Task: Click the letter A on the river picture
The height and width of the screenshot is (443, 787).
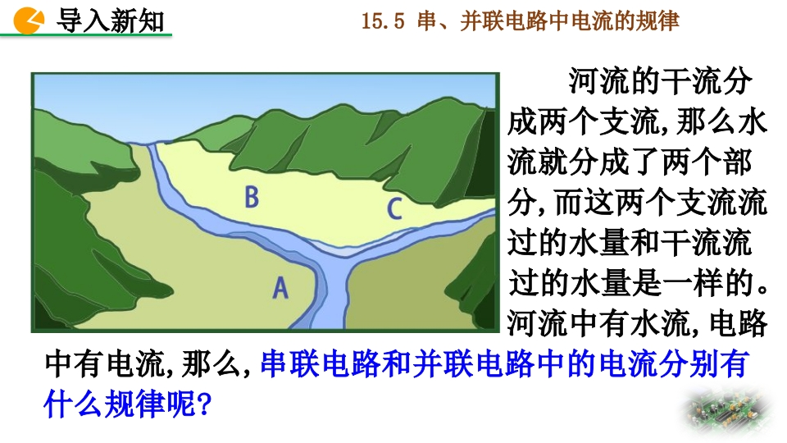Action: tap(280, 288)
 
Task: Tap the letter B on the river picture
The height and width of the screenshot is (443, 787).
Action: tap(252, 196)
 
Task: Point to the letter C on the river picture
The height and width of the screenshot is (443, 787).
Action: tap(394, 208)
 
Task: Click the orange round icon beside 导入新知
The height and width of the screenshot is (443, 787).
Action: tap(29, 21)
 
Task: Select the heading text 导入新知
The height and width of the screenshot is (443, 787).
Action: tap(111, 21)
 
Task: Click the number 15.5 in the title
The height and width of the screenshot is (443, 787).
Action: tap(383, 21)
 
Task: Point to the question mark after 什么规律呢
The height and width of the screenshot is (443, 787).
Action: tap(204, 404)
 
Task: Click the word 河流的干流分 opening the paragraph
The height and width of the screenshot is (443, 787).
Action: tap(659, 81)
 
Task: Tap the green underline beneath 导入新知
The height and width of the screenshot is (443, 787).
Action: tap(86, 35)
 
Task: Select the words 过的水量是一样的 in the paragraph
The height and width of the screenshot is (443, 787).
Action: tap(630, 283)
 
